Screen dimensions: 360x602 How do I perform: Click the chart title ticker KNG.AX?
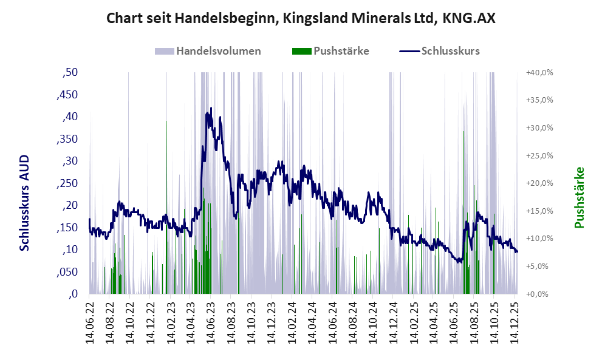(x=468, y=18)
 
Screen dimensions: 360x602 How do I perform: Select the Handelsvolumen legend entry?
(x=218, y=51)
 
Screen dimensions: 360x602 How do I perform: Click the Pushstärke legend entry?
(x=341, y=51)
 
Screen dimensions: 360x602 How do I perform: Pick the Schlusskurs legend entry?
(x=450, y=51)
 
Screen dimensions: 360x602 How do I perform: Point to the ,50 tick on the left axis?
(x=70, y=73)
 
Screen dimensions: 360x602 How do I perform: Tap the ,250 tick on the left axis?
(x=68, y=183)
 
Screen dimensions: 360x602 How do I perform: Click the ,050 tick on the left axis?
(x=68, y=272)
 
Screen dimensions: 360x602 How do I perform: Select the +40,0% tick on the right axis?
(x=539, y=73)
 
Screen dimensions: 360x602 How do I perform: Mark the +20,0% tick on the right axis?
(x=539, y=183)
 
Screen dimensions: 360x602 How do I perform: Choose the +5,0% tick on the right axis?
(x=539, y=267)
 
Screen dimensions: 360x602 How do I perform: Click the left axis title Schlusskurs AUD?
(x=24, y=203)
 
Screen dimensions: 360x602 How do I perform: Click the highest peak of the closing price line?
(x=211, y=108)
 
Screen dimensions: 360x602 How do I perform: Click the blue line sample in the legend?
(x=409, y=51)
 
